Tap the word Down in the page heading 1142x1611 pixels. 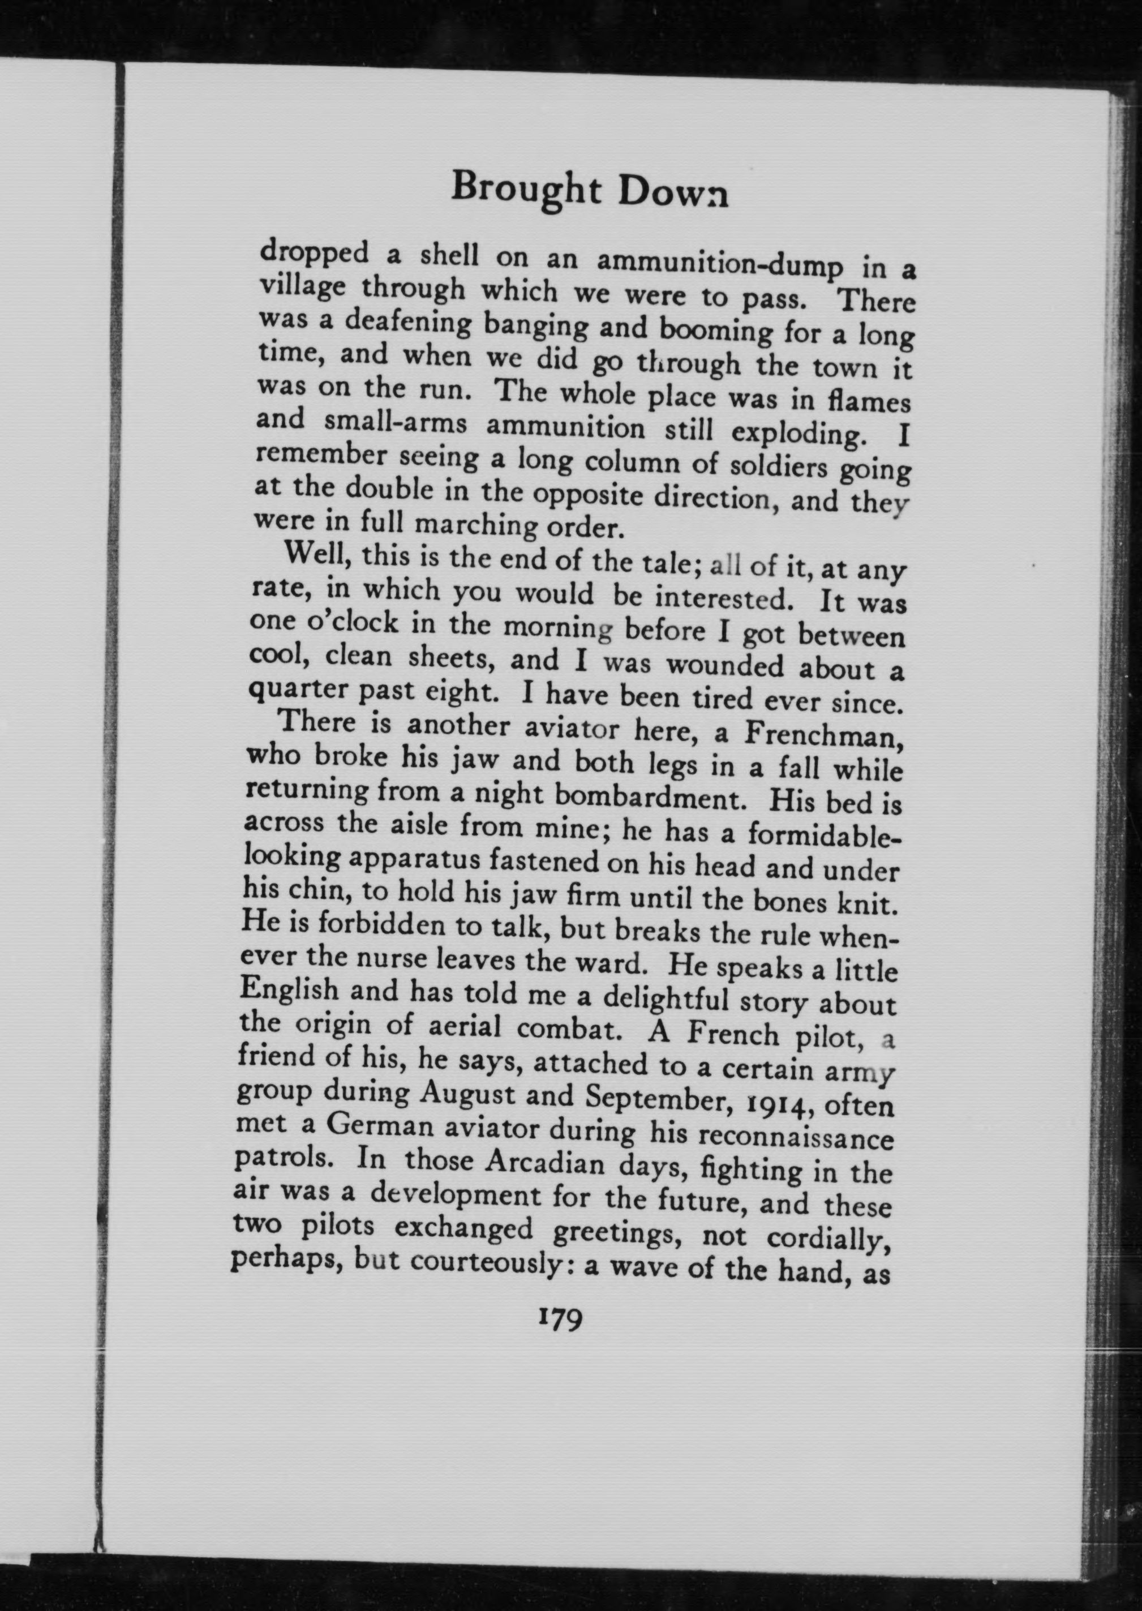click(673, 195)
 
